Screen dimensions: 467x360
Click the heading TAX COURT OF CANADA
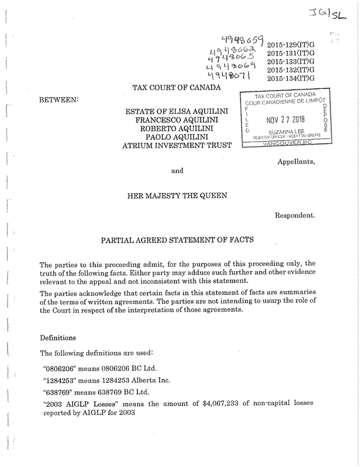177,88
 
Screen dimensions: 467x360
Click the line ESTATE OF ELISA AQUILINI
177,110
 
